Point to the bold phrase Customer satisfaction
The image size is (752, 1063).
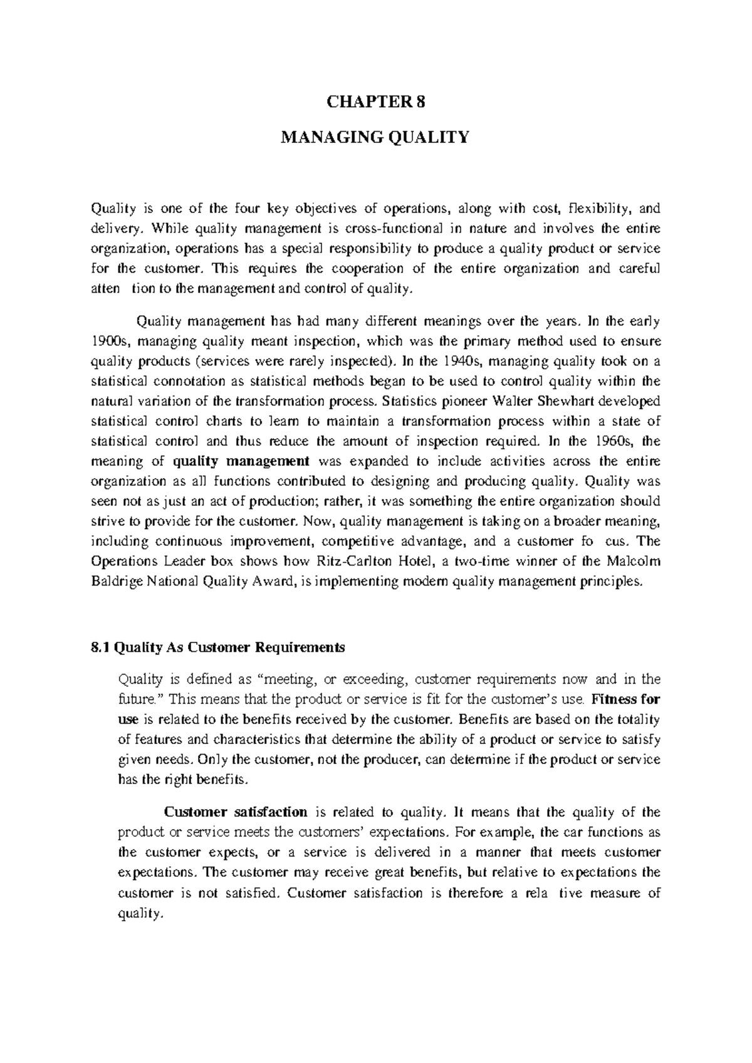235,812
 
